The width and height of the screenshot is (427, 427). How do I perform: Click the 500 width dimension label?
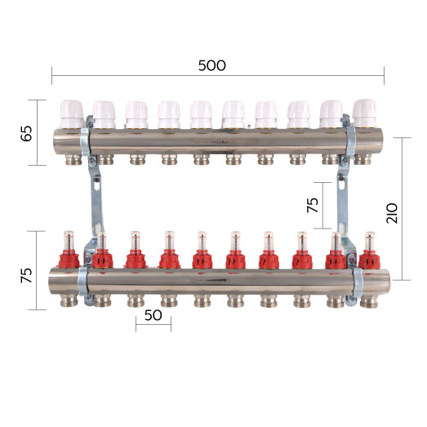click(x=211, y=65)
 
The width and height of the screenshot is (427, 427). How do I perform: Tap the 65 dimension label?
click(x=26, y=133)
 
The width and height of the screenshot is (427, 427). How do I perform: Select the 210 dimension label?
click(x=392, y=213)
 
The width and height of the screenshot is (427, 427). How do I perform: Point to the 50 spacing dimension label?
click(x=153, y=315)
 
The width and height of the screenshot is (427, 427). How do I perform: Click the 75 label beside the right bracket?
click(x=313, y=205)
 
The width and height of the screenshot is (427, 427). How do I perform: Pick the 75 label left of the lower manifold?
click(x=26, y=275)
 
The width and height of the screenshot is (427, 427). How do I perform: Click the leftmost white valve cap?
click(x=72, y=113)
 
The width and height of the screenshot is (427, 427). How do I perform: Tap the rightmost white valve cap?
click(x=364, y=113)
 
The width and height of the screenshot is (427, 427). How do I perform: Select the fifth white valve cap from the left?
click(x=201, y=114)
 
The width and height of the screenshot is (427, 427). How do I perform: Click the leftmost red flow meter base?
click(x=69, y=260)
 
